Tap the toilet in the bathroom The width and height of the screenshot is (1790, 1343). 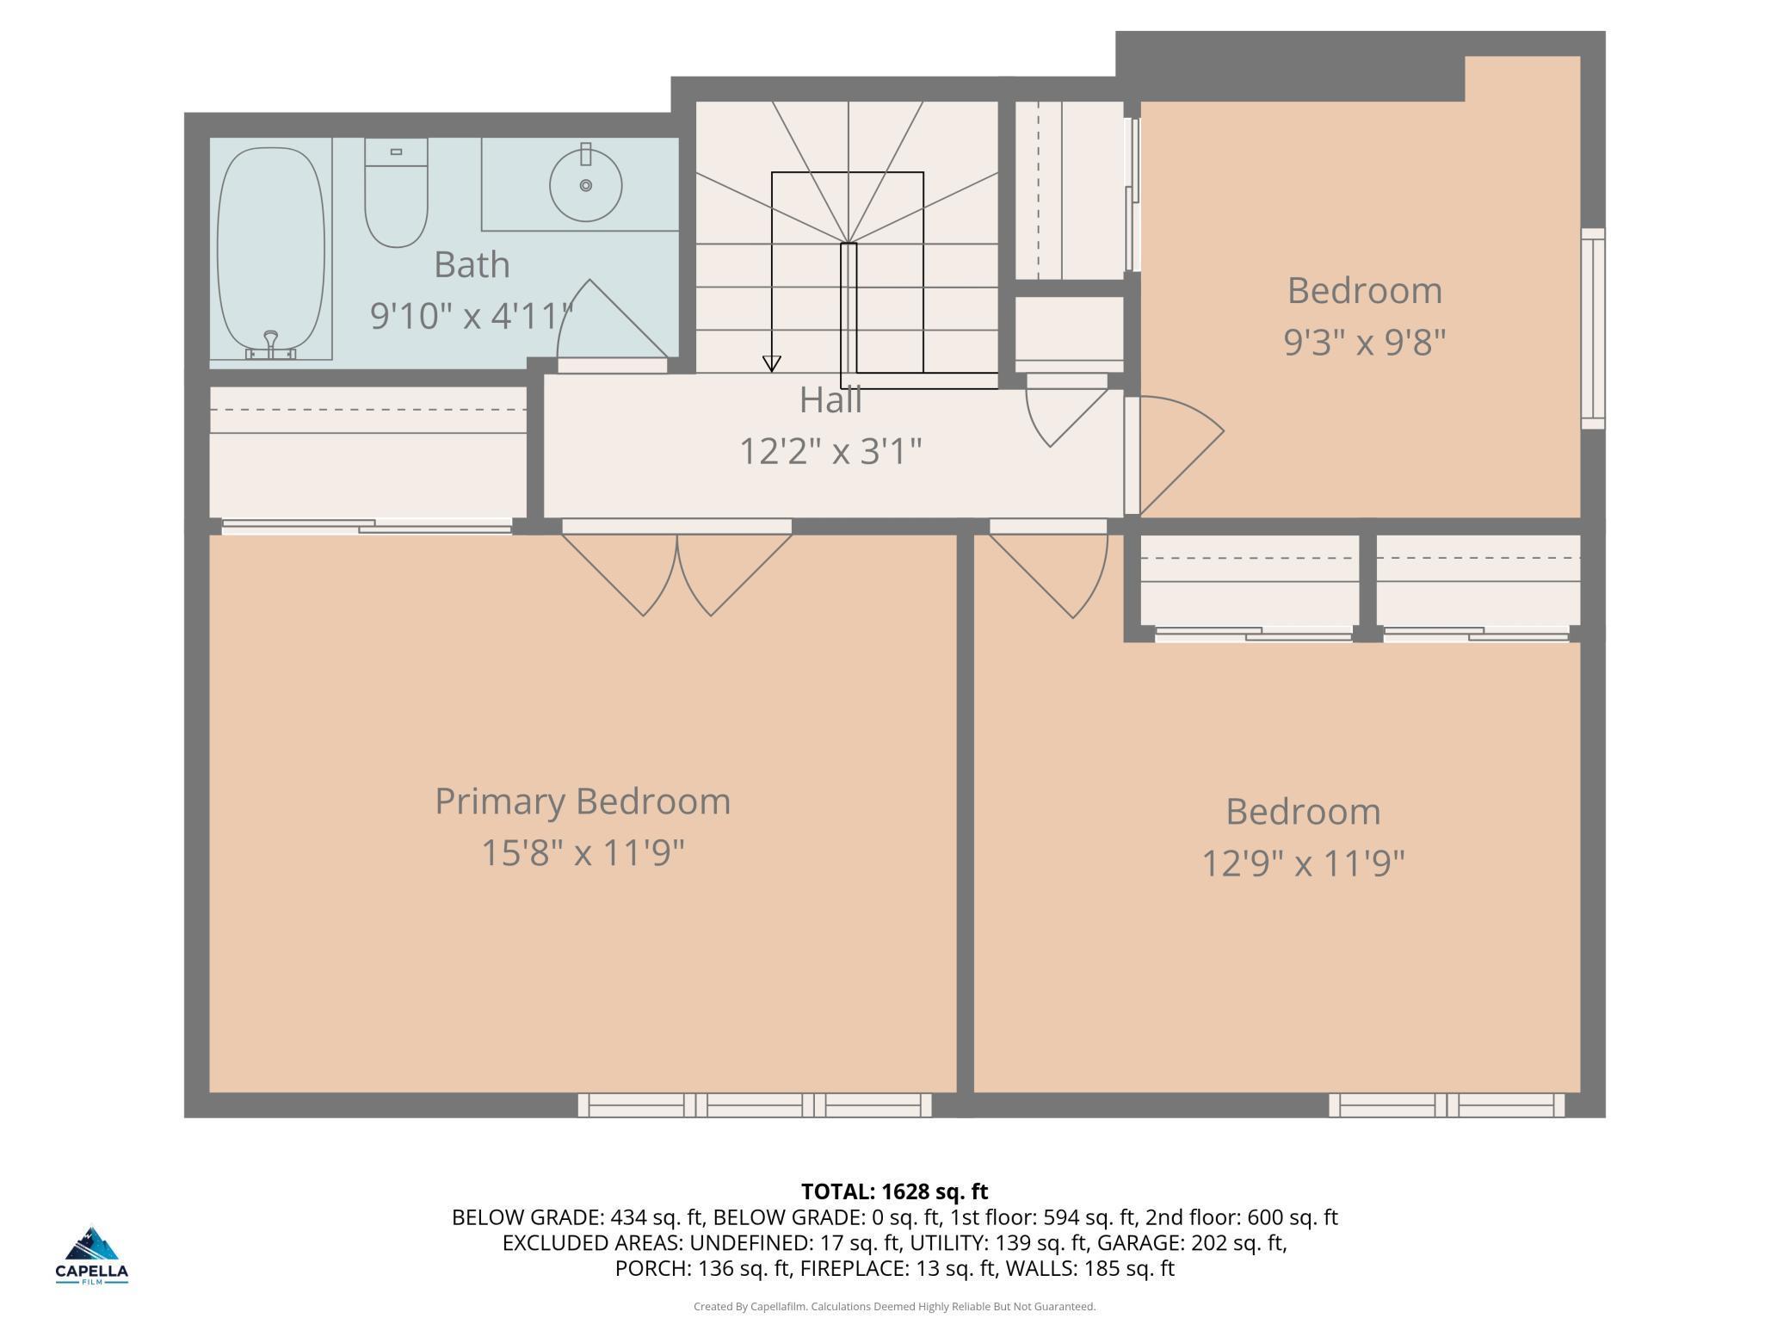pos(396,193)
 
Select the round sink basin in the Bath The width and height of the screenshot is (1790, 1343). pos(585,185)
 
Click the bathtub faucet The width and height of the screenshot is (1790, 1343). pos(271,346)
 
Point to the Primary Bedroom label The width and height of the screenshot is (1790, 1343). pos(583,801)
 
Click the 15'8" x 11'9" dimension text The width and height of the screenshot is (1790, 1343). pos(583,853)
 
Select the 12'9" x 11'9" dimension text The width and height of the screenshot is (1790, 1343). pos(1303,863)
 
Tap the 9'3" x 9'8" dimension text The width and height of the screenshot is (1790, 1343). pos(1364,342)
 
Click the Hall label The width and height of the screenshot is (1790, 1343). pos(830,399)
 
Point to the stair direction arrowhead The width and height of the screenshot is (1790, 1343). pos(772,363)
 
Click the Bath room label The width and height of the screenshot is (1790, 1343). pos(472,264)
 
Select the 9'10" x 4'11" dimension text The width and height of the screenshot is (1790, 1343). pos(472,316)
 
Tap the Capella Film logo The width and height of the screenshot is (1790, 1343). pos(92,1256)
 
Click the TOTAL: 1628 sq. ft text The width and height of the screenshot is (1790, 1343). pos(895,1191)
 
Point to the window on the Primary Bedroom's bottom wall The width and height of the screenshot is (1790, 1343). pos(755,1105)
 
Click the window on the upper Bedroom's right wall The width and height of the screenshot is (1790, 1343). pos(1593,329)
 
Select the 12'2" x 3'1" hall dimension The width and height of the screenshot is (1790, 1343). pos(830,450)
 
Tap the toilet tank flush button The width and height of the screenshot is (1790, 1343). pos(396,152)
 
